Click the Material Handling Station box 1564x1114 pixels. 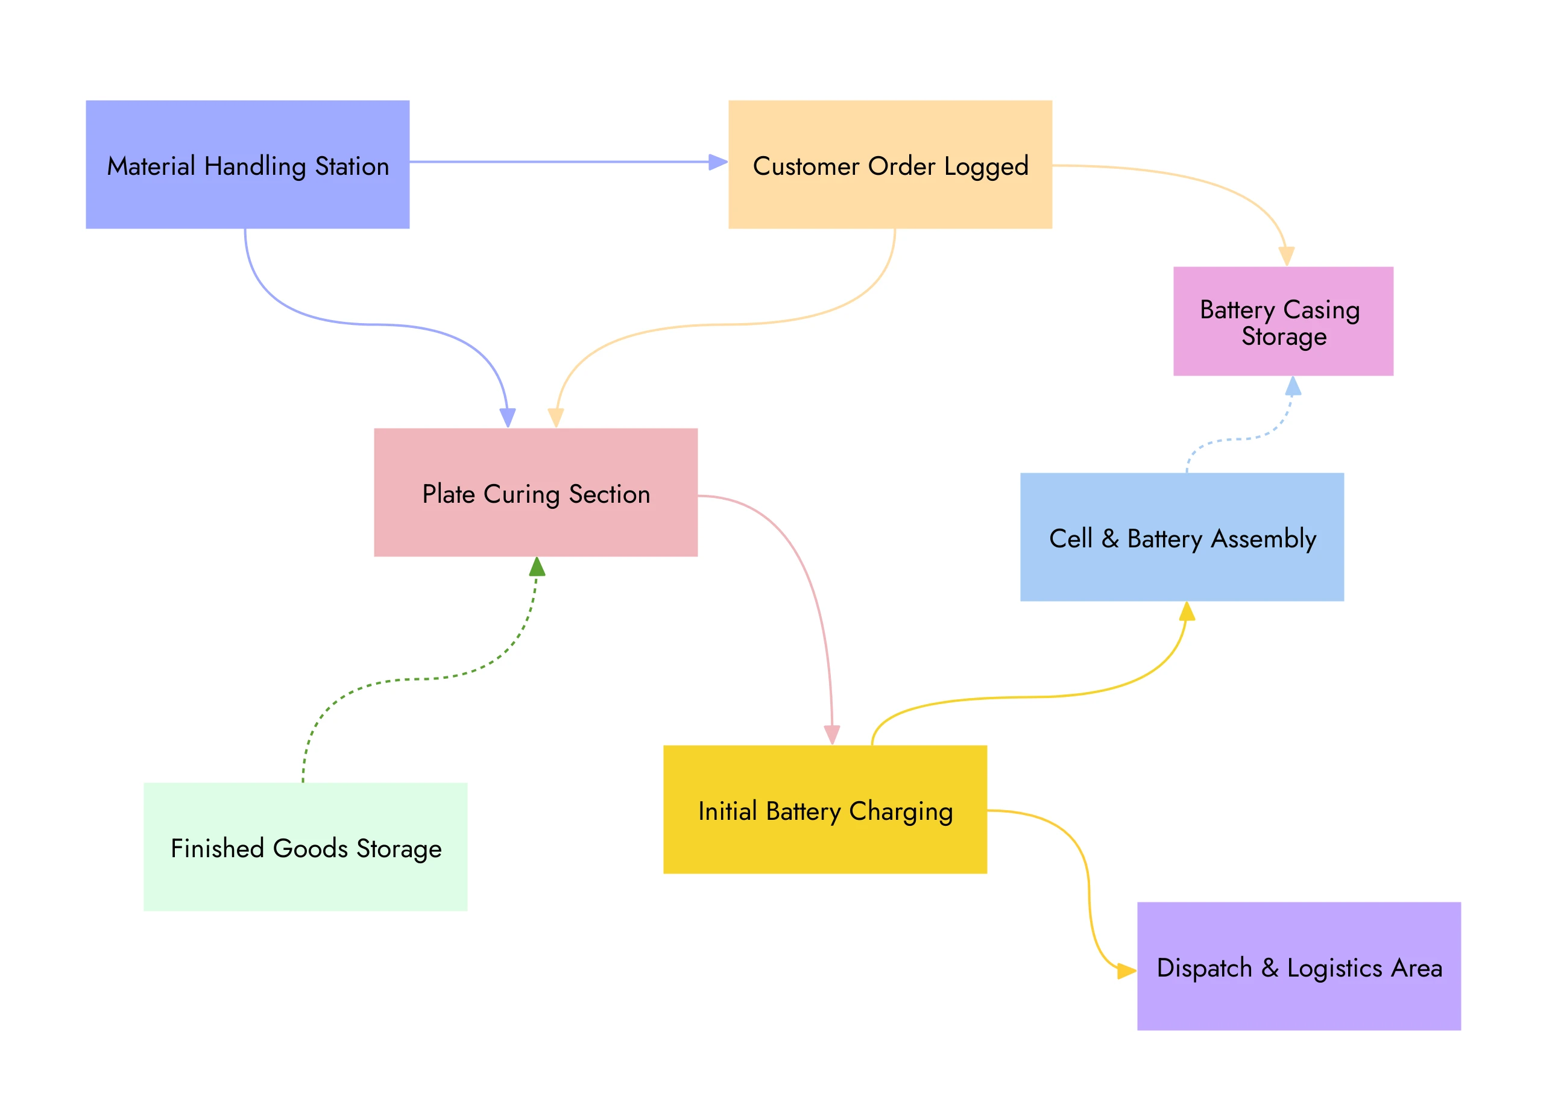point(247,164)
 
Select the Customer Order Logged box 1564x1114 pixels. point(890,164)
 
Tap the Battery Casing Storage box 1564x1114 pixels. point(1283,321)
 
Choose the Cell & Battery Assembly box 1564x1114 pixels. point(1181,537)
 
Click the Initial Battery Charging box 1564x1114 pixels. point(825,809)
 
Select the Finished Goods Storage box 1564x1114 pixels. point(305,846)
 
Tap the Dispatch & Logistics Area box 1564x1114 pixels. point(1299,966)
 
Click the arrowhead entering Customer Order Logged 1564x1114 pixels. point(717,162)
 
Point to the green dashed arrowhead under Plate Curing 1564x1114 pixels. point(537,567)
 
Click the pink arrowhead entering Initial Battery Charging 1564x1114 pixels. point(831,735)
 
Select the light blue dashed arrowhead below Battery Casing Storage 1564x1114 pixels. point(1293,386)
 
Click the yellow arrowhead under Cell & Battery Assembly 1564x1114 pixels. point(1187,612)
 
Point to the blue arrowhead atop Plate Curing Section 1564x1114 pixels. point(508,417)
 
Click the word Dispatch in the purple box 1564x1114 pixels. point(1204,968)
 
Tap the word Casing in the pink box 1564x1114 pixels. point(1320,309)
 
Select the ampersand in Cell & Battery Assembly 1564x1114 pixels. point(1110,538)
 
